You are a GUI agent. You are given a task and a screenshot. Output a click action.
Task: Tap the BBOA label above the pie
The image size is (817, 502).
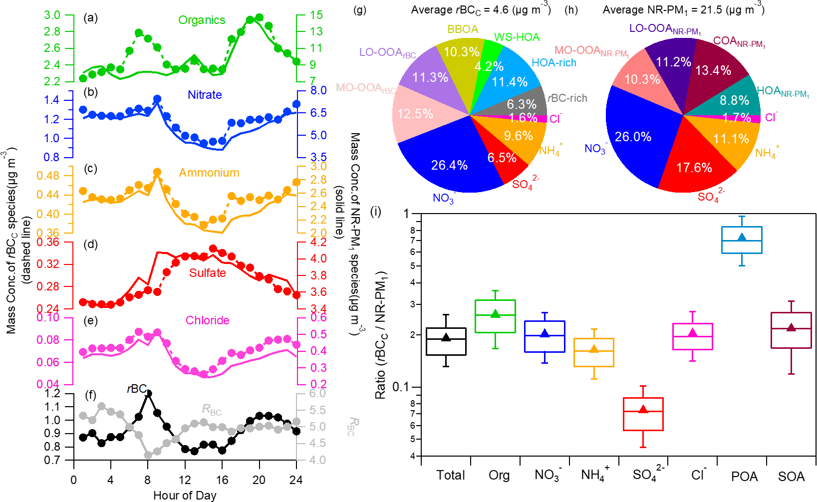(x=463, y=29)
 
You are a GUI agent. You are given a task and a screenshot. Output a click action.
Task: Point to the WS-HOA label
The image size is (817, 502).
(x=517, y=37)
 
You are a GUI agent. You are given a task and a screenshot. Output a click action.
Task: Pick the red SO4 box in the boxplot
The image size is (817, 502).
(x=643, y=414)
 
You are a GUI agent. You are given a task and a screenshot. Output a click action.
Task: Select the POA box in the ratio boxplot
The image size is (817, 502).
(x=742, y=240)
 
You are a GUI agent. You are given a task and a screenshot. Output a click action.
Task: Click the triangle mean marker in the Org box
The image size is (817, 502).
(x=495, y=314)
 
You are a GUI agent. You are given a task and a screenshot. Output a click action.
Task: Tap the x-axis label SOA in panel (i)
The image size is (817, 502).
(x=791, y=477)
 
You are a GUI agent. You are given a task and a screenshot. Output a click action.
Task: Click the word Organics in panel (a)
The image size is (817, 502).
(x=202, y=20)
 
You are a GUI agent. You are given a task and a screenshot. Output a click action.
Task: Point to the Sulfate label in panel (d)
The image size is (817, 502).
(x=207, y=273)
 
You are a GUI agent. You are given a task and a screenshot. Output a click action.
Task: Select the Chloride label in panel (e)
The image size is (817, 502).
(x=207, y=320)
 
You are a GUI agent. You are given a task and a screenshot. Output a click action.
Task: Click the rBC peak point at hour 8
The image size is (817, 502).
(x=148, y=394)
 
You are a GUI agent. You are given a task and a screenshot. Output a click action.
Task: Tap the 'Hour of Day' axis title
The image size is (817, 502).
(x=185, y=496)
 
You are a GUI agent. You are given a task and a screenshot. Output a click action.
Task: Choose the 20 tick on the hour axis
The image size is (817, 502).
(x=259, y=480)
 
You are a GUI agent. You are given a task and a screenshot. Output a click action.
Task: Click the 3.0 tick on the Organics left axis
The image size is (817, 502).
(x=52, y=15)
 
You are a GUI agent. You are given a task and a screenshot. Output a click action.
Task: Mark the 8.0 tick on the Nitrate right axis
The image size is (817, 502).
(x=318, y=90)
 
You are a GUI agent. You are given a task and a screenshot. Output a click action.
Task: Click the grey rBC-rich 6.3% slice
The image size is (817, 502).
(x=522, y=102)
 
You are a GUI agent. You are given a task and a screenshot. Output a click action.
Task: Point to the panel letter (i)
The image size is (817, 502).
(x=375, y=212)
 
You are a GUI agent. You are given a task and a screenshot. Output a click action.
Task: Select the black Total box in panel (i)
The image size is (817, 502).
(x=446, y=341)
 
